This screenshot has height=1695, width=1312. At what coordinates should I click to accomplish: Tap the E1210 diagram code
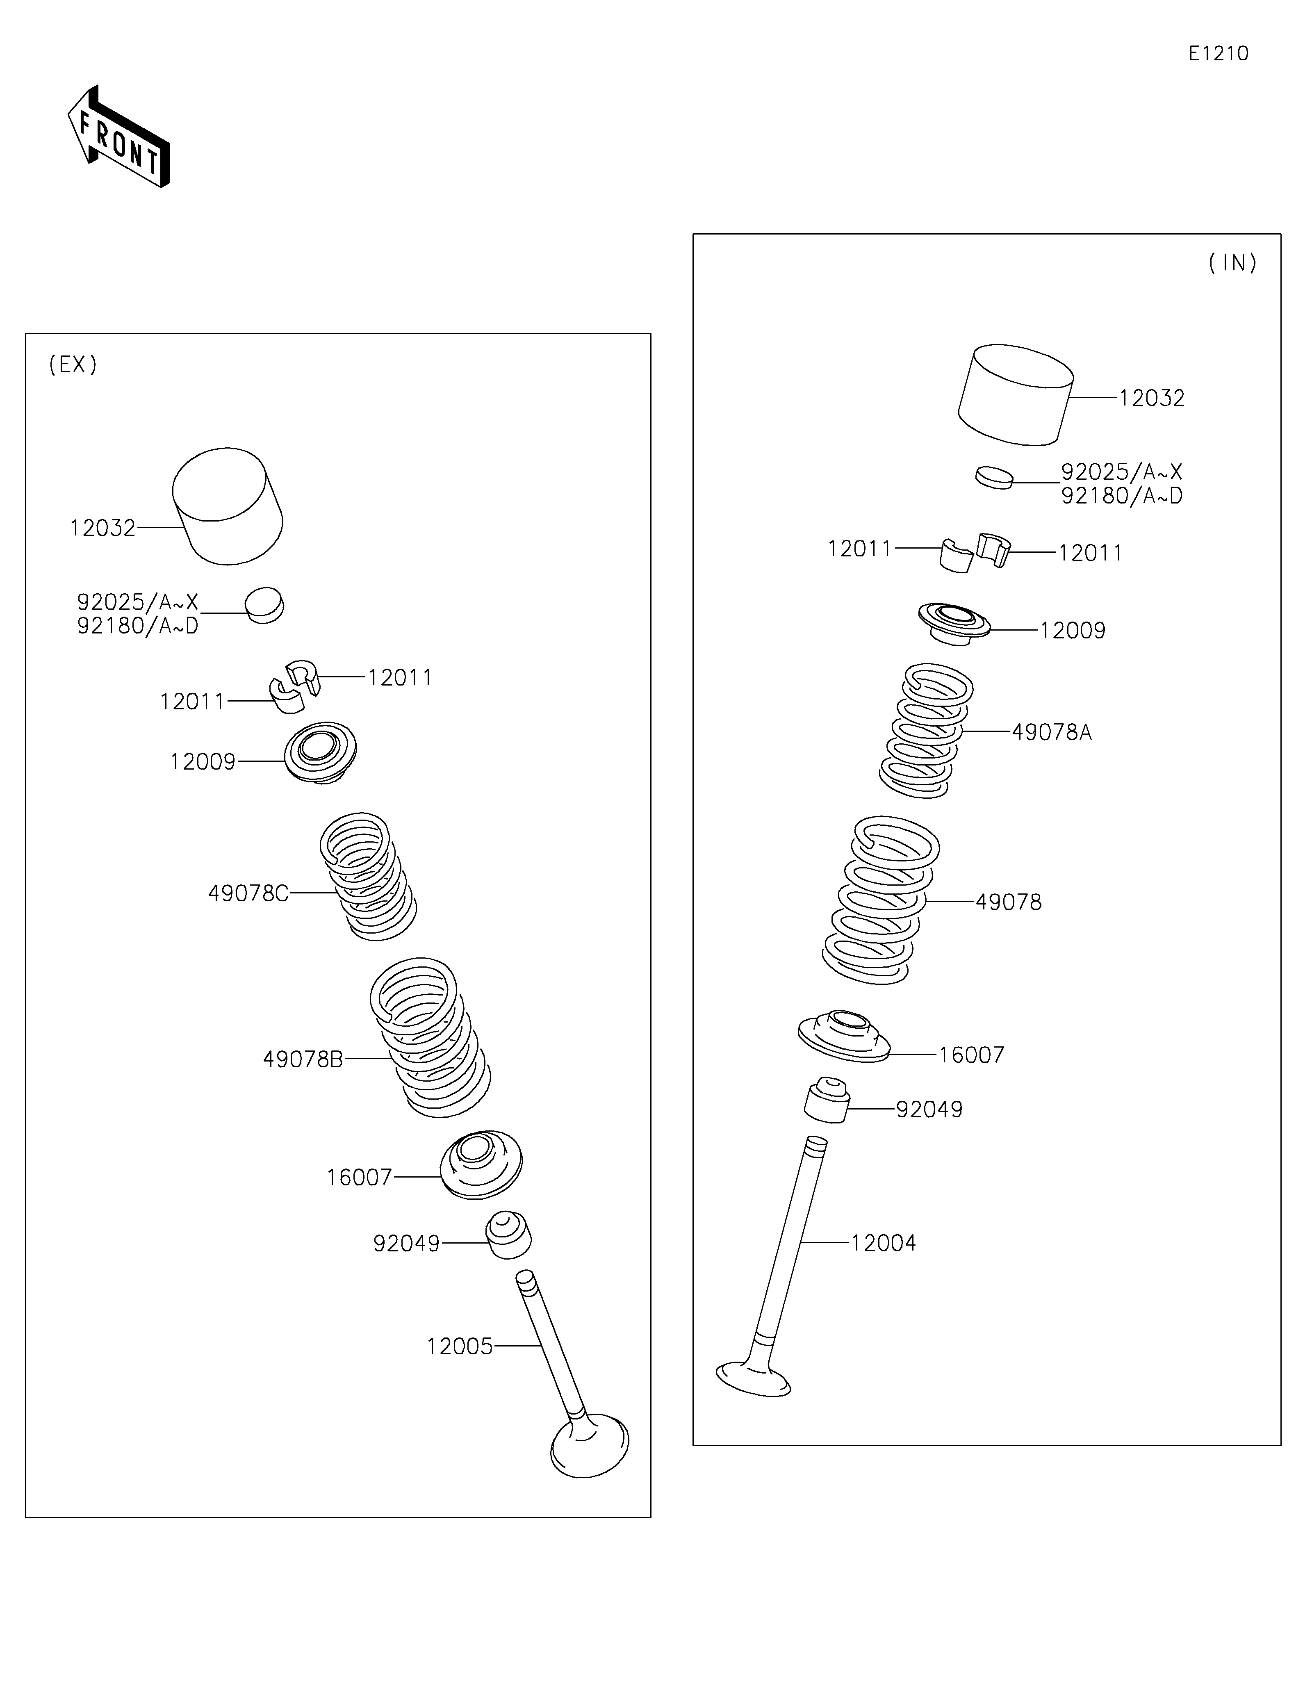[1218, 54]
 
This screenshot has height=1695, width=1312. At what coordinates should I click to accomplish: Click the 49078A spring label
[1051, 732]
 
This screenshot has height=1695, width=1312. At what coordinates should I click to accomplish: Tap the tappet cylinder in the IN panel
[1016, 395]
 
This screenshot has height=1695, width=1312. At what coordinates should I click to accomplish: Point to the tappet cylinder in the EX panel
[227, 506]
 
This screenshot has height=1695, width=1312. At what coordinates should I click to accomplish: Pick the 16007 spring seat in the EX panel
[481, 1164]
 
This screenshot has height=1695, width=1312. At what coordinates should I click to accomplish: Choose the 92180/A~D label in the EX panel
[137, 626]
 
